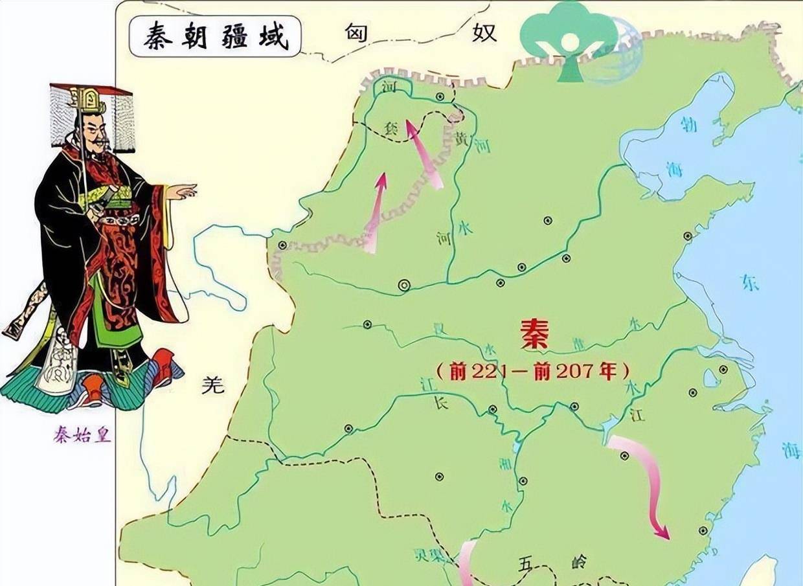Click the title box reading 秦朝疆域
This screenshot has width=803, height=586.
tap(214, 37)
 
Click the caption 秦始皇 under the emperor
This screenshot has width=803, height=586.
tap(82, 434)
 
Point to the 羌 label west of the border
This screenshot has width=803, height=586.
tap(212, 385)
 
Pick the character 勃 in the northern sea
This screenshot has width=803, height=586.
tap(689, 124)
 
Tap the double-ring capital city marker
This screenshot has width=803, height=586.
tap(404, 284)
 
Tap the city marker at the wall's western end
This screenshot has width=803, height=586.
tap(282, 245)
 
